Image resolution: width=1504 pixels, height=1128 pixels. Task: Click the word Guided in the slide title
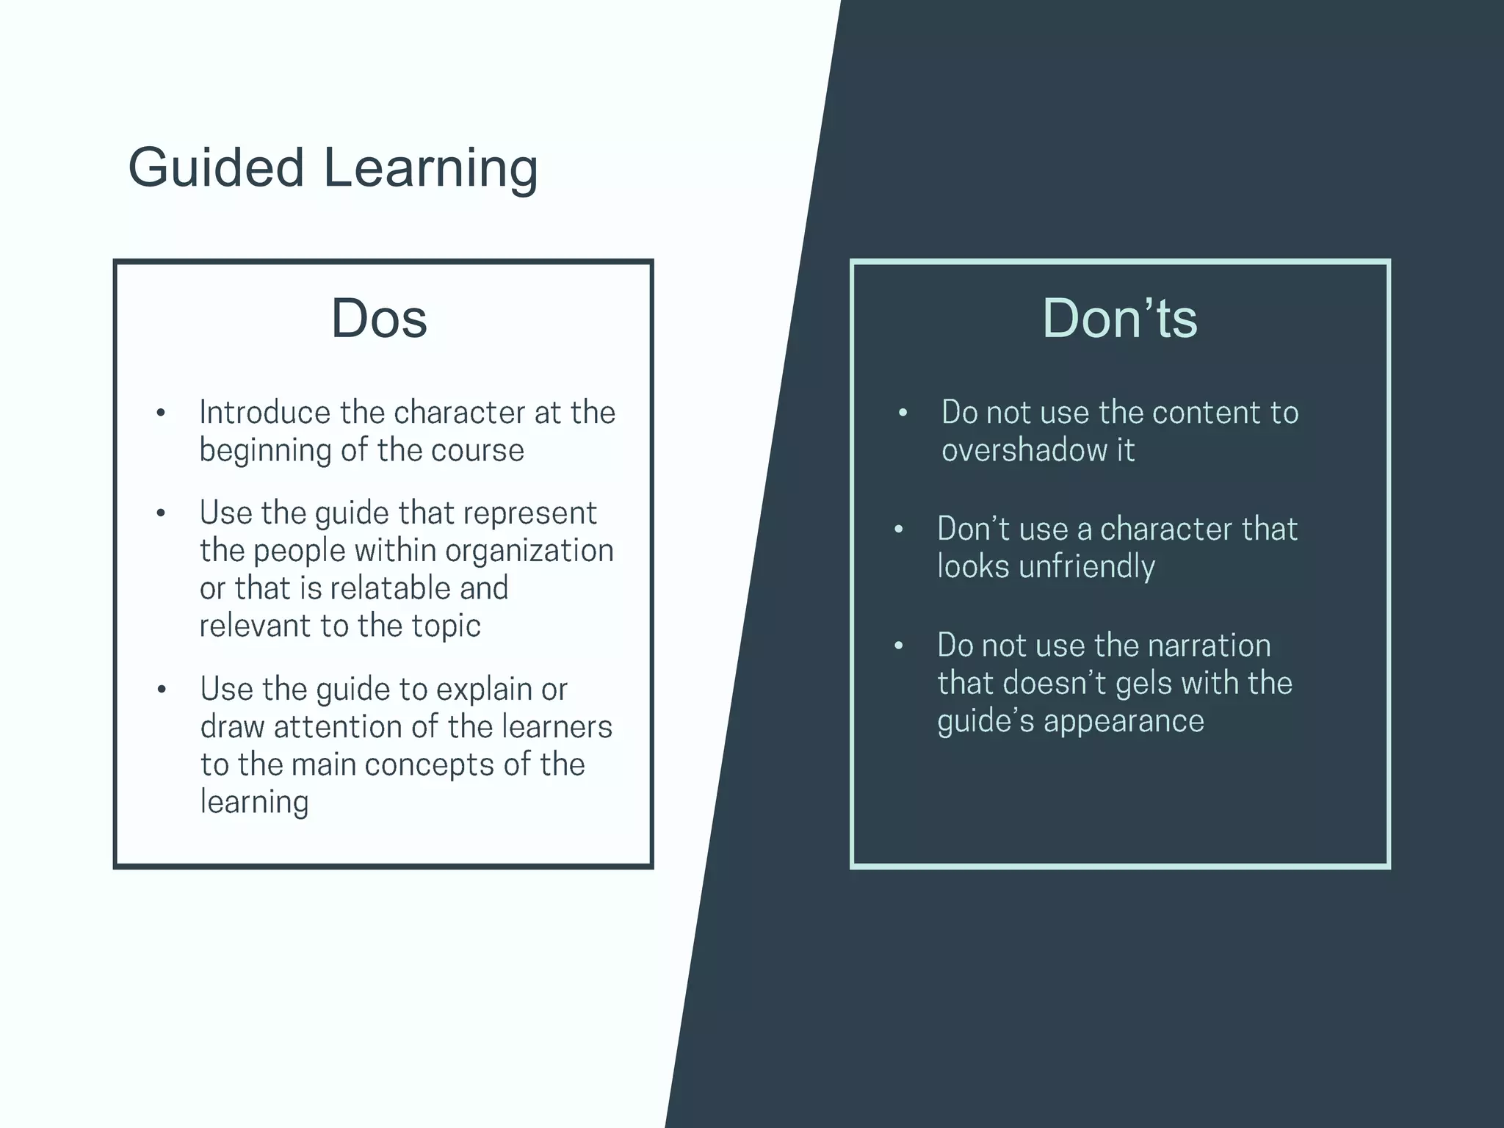(x=216, y=167)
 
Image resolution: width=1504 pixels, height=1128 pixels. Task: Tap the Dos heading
(x=379, y=319)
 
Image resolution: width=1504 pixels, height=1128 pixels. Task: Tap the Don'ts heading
(x=1119, y=319)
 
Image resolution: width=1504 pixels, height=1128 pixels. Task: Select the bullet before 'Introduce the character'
(x=161, y=413)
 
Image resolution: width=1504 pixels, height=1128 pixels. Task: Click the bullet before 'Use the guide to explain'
(x=162, y=690)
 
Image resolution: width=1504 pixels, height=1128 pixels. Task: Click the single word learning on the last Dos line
(x=254, y=803)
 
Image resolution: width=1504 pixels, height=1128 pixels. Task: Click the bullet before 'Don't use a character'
(x=898, y=529)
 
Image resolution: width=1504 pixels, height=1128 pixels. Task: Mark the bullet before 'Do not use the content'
(x=903, y=413)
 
